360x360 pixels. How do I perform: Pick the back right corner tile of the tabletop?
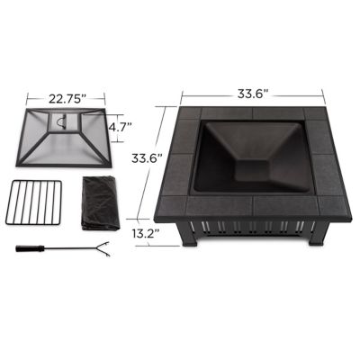[x=318, y=116]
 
